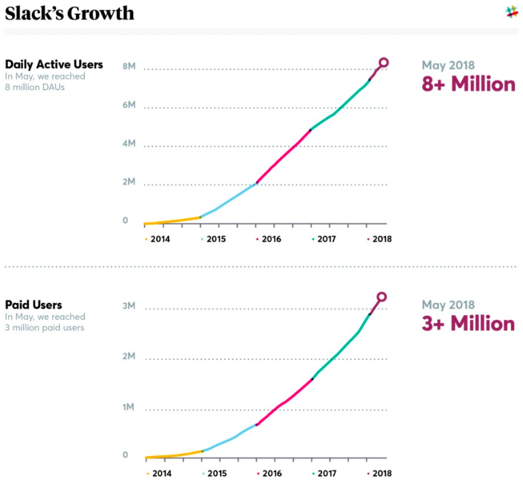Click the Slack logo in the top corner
(x=511, y=11)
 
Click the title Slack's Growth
(x=70, y=14)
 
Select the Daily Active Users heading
(x=54, y=64)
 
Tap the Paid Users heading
(x=33, y=305)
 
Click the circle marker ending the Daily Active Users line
(x=384, y=62)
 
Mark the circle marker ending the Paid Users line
(x=382, y=296)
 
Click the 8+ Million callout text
(x=468, y=85)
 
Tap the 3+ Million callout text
(x=468, y=323)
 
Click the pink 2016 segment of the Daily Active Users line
(x=284, y=155)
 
